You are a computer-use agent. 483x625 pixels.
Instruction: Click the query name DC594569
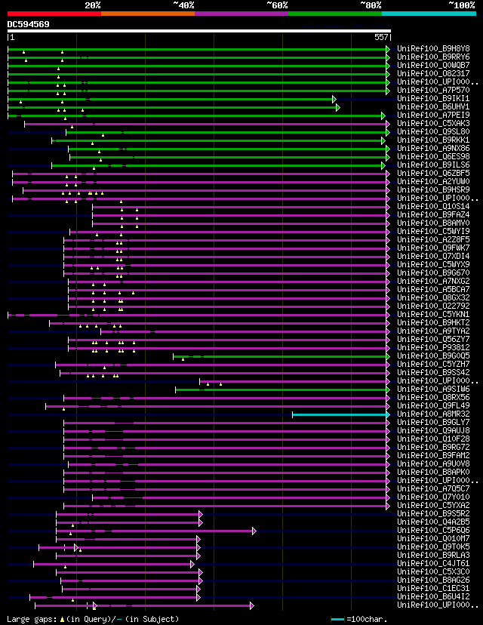(29, 24)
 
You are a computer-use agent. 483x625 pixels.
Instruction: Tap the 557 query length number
(380, 37)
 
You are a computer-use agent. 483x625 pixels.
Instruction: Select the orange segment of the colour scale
(147, 13)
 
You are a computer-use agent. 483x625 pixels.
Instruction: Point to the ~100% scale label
(461, 5)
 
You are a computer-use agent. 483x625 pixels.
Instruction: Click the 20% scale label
(93, 5)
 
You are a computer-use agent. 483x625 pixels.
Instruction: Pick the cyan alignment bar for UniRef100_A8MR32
(340, 414)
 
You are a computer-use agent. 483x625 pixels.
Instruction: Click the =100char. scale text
(370, 620)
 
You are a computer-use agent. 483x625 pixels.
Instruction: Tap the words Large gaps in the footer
(29, 620)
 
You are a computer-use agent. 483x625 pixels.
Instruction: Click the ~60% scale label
(277, 5)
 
